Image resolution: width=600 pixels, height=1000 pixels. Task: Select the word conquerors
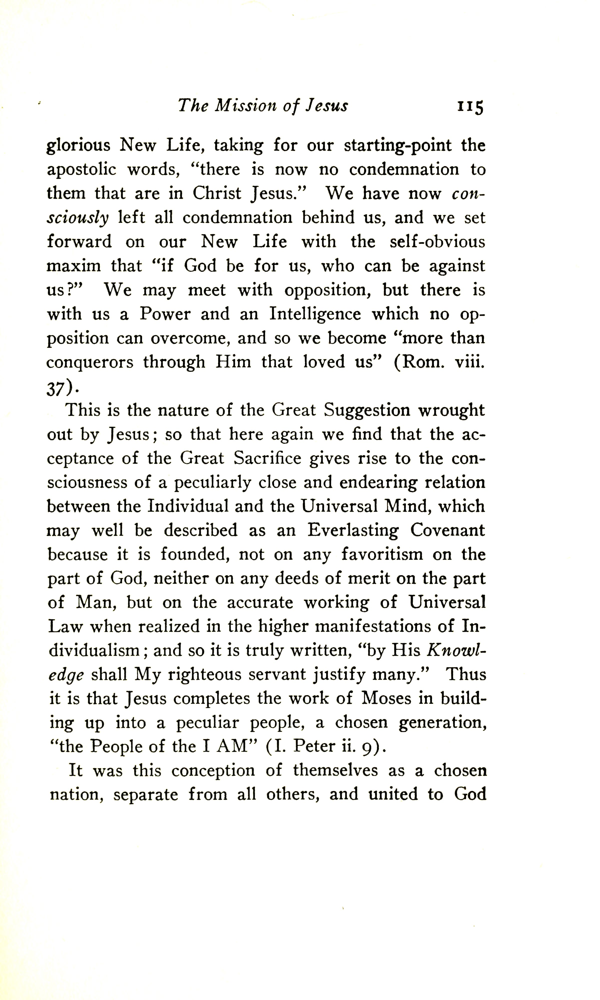click(x=90, y=362)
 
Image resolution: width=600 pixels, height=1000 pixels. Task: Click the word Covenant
click(x=448, y=530)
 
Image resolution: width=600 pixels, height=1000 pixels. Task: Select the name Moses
click(x=386, y=699)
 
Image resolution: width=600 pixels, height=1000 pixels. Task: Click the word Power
click(x=165, y=314)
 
